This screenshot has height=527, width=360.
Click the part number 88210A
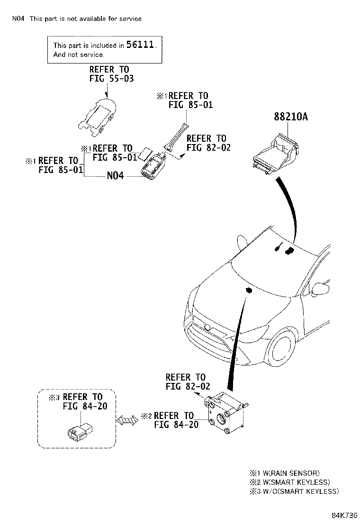pyautogui.click(x=291, y=117)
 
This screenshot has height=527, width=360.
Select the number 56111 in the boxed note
pyautogui.click(x=140, y=45)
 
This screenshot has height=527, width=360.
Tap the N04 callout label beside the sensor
pyautogui.click(x=115, y=175)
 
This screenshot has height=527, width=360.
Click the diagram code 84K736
pyautogui.click(x=344, y=515)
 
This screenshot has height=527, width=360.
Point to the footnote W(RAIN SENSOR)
pyautogui.click(x=291, y=473)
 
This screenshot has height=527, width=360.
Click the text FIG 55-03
pyautogui.click(x=111, y=79)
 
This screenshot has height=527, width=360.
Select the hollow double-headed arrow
pyautogui.click(x=127, y=420)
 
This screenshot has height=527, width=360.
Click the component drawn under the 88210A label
pyautogui.click(x=275, y=154)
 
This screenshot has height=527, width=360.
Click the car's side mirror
pyautogui.click(x=321, y=289)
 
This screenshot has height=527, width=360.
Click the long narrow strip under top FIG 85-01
pyautogui.click(x=176, y=136)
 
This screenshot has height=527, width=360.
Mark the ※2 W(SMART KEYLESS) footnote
pyautogui.click(x=290, y=482)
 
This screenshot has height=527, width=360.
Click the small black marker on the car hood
pyautogui.click(x=249, y=290)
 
